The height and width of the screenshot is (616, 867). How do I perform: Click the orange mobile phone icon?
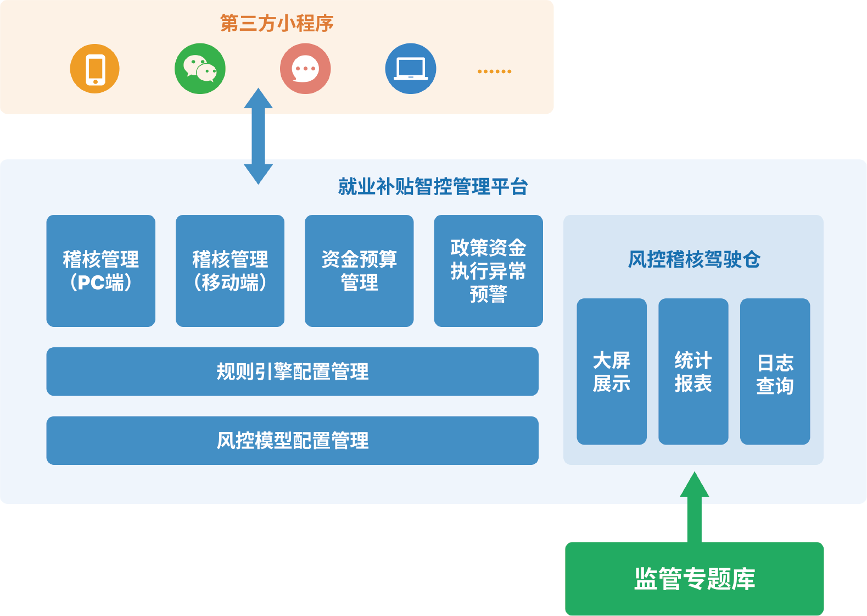(94, 69)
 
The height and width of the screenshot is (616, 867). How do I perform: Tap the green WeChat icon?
(200, 69)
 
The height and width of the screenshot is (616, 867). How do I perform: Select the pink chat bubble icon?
(305, 69)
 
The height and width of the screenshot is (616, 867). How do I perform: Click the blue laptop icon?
(411, 69)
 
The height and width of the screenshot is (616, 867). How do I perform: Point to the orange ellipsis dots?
(494, 71)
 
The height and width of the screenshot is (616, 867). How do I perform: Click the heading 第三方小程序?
(277, 23)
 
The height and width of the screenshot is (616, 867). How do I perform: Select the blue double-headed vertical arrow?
(258, 136)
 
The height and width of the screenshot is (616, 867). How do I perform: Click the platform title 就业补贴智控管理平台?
(433, 187)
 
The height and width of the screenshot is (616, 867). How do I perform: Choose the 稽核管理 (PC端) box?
(100, 271)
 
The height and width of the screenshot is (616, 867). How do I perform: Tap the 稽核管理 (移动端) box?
(230, 271)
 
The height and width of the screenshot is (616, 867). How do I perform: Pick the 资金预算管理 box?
(359, 271)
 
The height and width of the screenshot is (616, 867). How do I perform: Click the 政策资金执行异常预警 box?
(489, 271)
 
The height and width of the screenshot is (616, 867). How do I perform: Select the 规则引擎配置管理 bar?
(292, 371)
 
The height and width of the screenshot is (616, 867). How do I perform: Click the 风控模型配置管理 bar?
(292, 441)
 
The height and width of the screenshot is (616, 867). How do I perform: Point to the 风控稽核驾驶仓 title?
(694, 259)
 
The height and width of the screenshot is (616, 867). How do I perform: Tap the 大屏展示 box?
(612, 371)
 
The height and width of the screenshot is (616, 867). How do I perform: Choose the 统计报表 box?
(693, 371)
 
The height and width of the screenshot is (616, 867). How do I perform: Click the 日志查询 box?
(775, 371)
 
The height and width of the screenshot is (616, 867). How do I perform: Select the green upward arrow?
(695, 507)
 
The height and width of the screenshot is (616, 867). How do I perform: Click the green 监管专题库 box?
(695, 579)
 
